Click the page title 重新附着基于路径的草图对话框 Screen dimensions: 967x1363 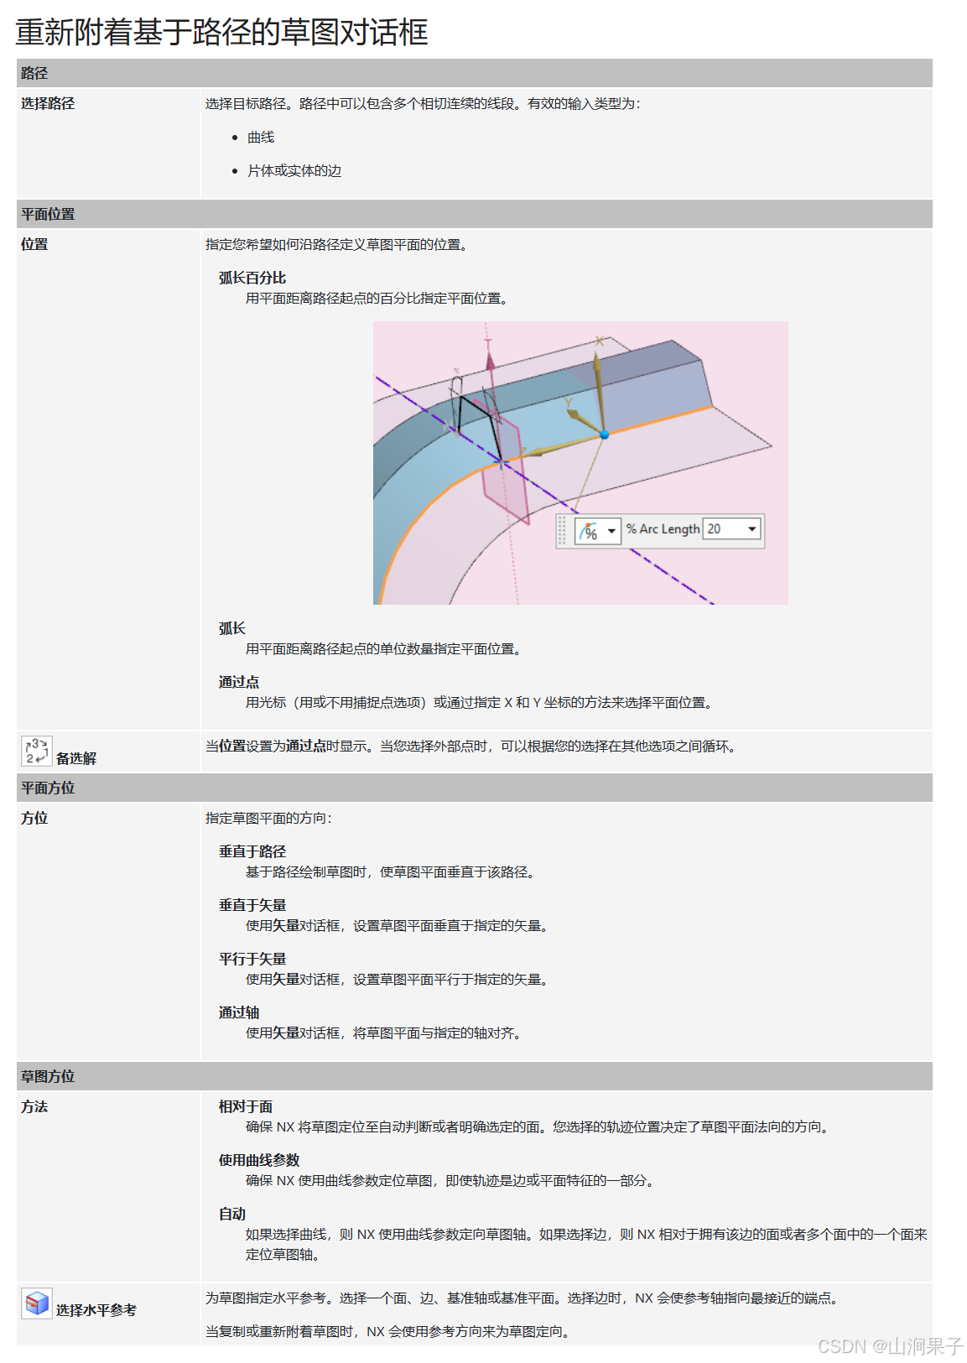point(221,32)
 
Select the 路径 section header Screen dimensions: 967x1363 point(34,73)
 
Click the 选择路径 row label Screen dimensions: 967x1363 point(48,103)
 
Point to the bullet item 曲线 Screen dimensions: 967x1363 point(261,137)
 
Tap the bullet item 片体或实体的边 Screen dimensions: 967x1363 point(294,170)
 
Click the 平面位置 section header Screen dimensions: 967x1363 point(48,214)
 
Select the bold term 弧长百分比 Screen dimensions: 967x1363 point(252,278)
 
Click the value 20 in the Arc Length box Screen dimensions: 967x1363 point(715,529)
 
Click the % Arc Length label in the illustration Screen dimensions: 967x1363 point(663,529)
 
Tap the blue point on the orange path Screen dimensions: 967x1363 point(604,434)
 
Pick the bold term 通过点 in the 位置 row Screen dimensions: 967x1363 point(239,682)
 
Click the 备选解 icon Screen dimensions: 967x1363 point(36,751)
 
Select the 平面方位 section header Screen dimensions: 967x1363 point(48,788)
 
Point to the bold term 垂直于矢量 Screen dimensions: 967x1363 point(252,905)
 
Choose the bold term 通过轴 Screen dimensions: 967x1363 point(239,1012)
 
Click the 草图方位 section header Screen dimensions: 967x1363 point(48,1076)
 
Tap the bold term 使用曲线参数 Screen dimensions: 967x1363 point(259,1160)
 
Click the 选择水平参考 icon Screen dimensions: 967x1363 point(37,1303)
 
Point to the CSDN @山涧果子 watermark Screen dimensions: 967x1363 point(890,1346)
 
